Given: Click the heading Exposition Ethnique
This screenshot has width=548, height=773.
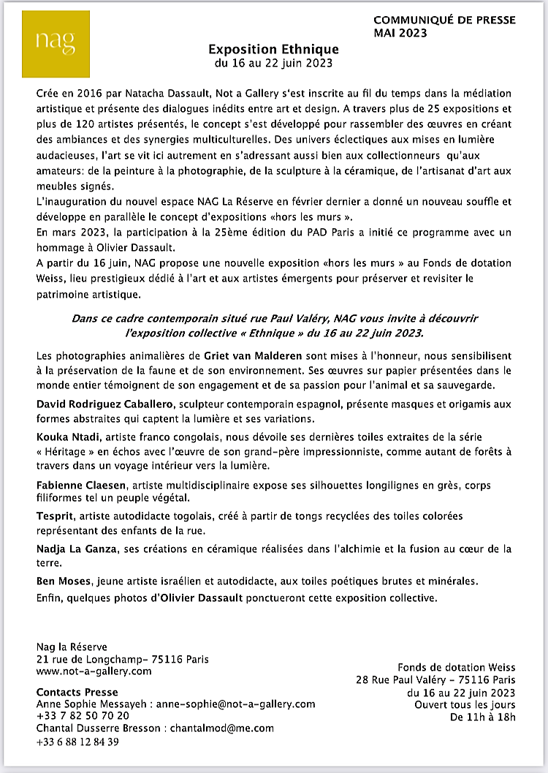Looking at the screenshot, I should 273,49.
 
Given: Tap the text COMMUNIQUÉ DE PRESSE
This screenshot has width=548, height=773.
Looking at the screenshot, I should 444,20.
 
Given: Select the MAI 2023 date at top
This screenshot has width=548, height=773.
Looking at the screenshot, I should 401,33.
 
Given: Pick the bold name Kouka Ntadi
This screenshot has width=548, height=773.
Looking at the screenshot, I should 66,437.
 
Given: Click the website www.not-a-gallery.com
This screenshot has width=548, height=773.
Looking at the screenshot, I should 94,671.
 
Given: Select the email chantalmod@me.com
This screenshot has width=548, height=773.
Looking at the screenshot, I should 222,728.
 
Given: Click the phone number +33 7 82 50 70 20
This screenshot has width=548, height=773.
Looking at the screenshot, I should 83,715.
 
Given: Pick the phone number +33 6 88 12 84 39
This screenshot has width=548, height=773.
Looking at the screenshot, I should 77,741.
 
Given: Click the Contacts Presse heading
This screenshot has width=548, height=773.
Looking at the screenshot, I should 77,692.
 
